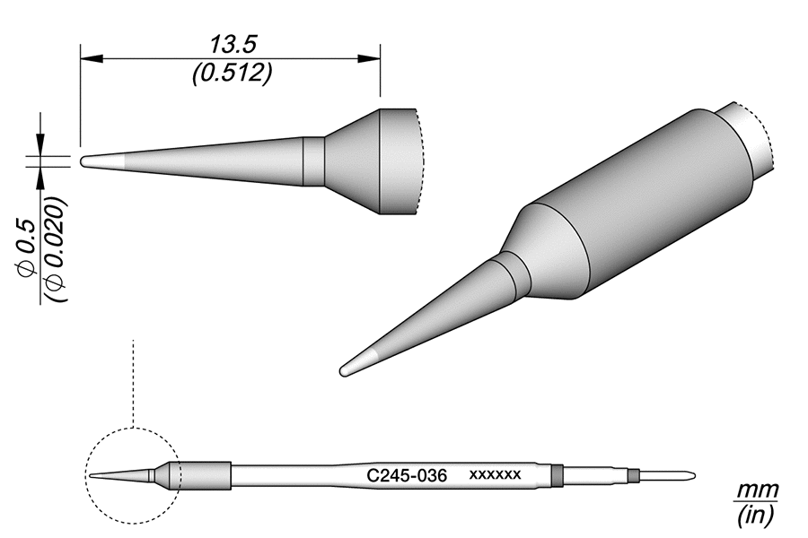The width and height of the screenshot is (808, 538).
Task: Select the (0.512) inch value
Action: [232, 74]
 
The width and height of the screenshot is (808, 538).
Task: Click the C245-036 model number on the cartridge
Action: [408, 473]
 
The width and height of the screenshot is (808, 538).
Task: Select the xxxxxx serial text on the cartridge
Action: [495, 473]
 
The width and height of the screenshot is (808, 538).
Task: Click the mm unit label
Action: [756, 491]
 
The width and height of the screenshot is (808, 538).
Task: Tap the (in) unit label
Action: [755, 516]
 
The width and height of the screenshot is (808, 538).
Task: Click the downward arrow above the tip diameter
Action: [40, 144]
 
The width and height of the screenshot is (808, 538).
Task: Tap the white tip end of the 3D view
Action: [354, 365]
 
